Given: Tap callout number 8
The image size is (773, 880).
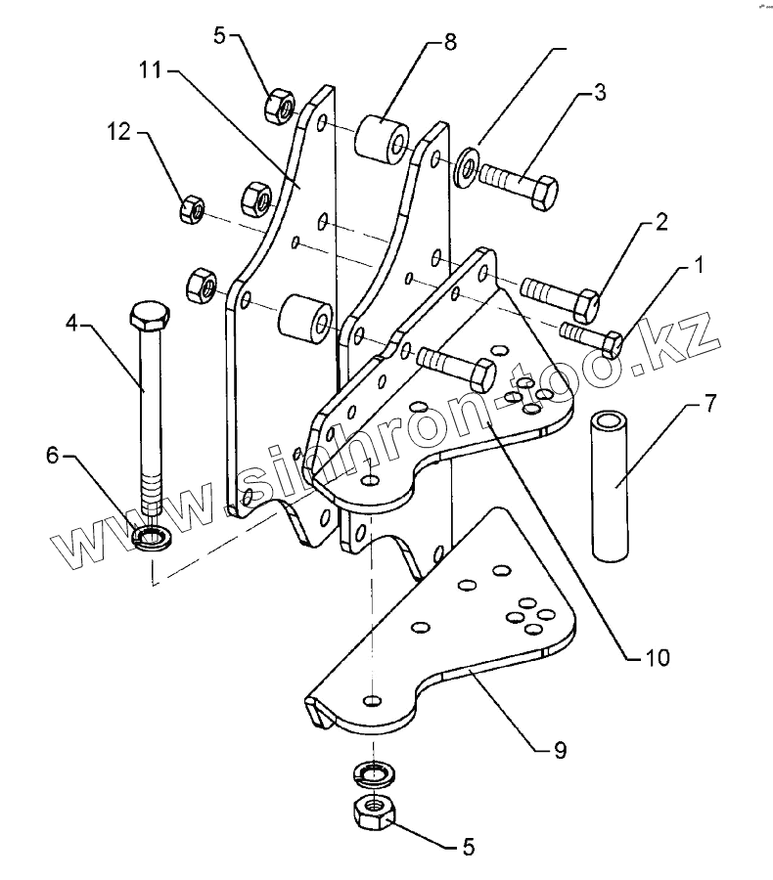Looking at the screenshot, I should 449,42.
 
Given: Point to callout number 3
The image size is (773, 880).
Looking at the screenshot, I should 599,94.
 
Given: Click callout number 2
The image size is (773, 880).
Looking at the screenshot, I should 661,222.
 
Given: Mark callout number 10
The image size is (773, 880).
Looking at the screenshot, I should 657,657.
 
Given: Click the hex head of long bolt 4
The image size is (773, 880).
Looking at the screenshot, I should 149,318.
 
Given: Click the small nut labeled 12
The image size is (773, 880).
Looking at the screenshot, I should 191,207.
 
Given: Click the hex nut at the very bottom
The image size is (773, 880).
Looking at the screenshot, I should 373,810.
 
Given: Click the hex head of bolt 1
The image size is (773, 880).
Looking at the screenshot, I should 611,343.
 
